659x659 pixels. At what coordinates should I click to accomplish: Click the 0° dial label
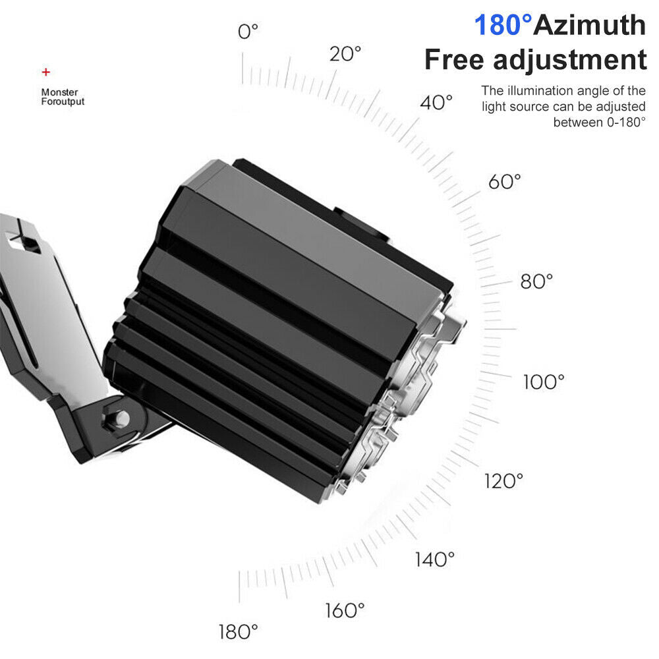click(x=248, y=32)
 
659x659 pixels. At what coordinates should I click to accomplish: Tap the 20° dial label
click(x=345, y=54)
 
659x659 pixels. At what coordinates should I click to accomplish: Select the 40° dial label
click(x=436, y=103)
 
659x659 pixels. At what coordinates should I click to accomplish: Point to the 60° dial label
click(x=504, y=182)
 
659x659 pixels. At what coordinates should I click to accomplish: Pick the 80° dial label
click(x=536, y=281)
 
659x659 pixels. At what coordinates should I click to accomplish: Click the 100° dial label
click(x=544, y=382)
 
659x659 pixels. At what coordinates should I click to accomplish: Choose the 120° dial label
click(x=503, y=481)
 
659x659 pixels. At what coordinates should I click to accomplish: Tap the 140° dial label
click(x=434, y=559)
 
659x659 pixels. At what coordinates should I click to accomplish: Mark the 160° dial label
click(x=345, y=610)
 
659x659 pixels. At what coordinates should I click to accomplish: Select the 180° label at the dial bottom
click(x=238, y=632)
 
